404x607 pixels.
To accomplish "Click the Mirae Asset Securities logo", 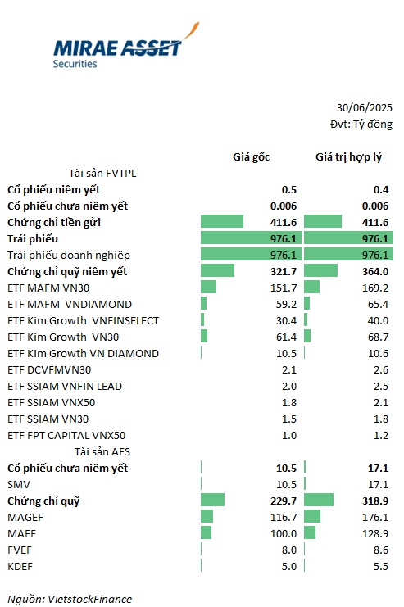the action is [126, 47].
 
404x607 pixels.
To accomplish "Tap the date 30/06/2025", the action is [364, 107].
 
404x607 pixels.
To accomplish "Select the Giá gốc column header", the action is [251, 156].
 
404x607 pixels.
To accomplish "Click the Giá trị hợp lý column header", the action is [348, 157].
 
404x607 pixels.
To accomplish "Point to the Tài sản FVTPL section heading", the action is [102, 173].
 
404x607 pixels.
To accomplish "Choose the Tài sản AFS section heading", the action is [102, 451].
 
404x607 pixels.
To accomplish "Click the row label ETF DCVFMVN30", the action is [49, 370].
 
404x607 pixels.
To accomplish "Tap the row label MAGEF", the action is [25, 517].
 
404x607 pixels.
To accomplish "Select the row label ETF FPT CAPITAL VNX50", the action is [66, 436].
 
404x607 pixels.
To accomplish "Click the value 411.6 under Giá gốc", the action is [284, 222].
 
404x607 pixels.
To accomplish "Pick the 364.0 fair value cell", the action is [375, 272].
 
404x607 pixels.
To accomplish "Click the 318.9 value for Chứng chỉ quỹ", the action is [375, 501].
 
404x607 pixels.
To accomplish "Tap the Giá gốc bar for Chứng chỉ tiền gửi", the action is [222, 221].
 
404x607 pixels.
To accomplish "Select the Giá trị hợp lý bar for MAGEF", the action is [312, 516].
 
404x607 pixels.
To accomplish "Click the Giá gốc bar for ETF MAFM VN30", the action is [208, 287].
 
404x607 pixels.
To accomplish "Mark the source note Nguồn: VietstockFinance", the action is [70, 600].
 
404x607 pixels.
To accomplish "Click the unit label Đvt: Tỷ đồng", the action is [361, 125].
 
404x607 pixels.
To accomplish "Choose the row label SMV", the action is [19, 485].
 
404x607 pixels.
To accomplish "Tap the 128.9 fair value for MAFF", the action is [375, 534].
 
